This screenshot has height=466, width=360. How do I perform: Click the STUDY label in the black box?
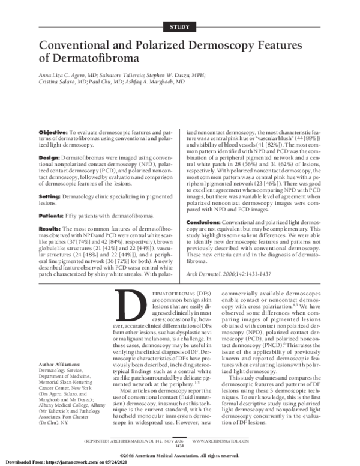click(x=180, y=26)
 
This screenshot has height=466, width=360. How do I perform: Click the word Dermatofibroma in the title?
click(x=96, y=59)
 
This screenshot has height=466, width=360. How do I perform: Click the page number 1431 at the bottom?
click(x=179, y=446)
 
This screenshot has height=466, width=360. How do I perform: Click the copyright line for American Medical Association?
click(x=180, y=455)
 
